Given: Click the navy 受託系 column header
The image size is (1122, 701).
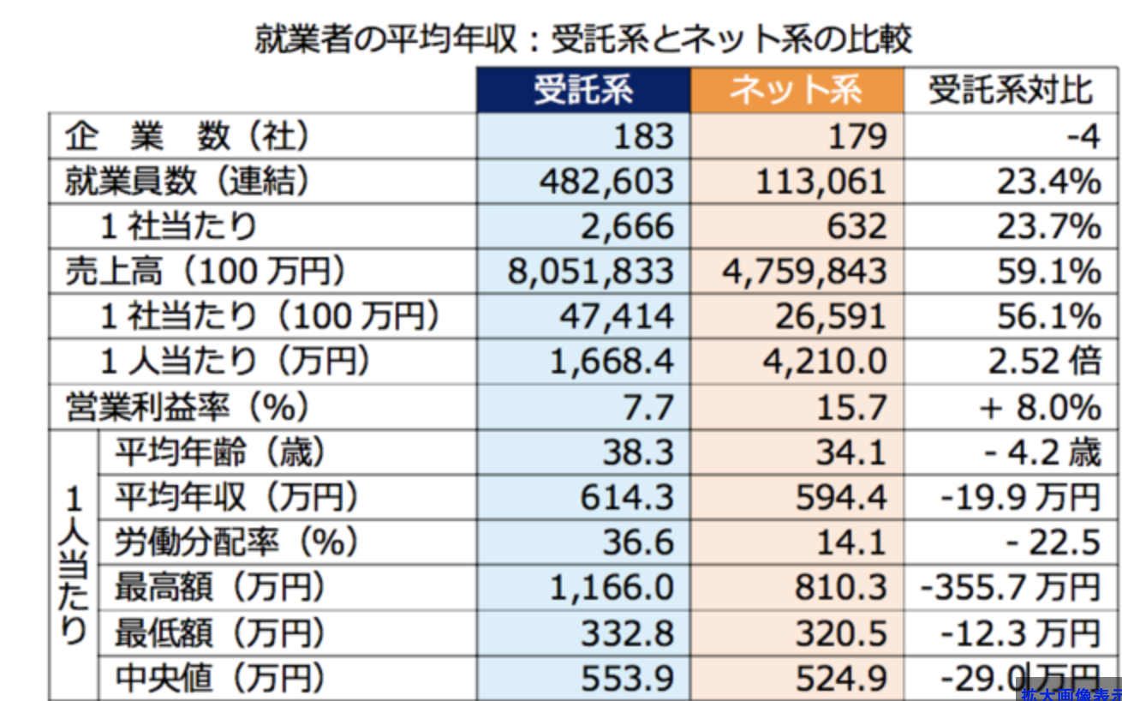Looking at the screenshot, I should tap(583, 90).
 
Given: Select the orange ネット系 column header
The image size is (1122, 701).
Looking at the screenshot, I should tap(797, 90).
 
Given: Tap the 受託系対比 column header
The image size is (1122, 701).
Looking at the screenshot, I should tap(1012, 90).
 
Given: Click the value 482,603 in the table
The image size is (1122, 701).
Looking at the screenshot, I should tap(607, 181).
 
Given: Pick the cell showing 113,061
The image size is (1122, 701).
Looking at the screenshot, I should tap(821, 181).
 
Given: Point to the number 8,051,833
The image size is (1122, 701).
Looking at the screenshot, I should tap(591, 271).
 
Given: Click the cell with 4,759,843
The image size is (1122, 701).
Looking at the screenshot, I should tap(805, 271).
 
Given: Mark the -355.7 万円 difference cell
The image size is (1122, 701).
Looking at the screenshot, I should tap(1010, 588).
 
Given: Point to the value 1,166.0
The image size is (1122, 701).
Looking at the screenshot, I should tap(612, 588).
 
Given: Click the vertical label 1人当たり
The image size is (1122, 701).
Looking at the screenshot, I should tap(75, 566).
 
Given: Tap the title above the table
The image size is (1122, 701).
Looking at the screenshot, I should tap(582, 39).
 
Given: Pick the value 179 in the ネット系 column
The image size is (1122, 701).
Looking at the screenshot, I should tap(856, 135).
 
